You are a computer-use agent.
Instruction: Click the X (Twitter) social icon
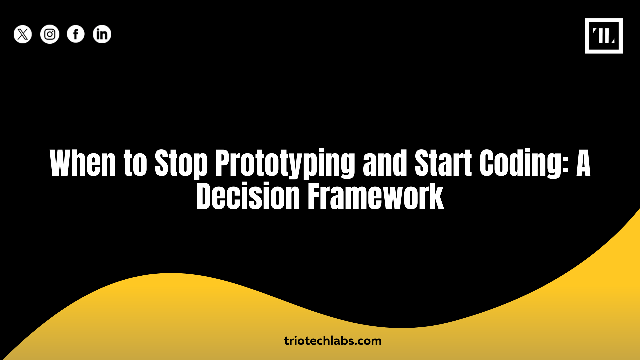click(23, 34)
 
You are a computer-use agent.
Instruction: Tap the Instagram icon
click(50, 34)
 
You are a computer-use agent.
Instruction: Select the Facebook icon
click(76, 34)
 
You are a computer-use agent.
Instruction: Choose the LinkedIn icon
click(102, 34)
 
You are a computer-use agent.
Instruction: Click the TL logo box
click(604, 36)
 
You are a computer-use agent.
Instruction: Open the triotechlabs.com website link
click(333, 341)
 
